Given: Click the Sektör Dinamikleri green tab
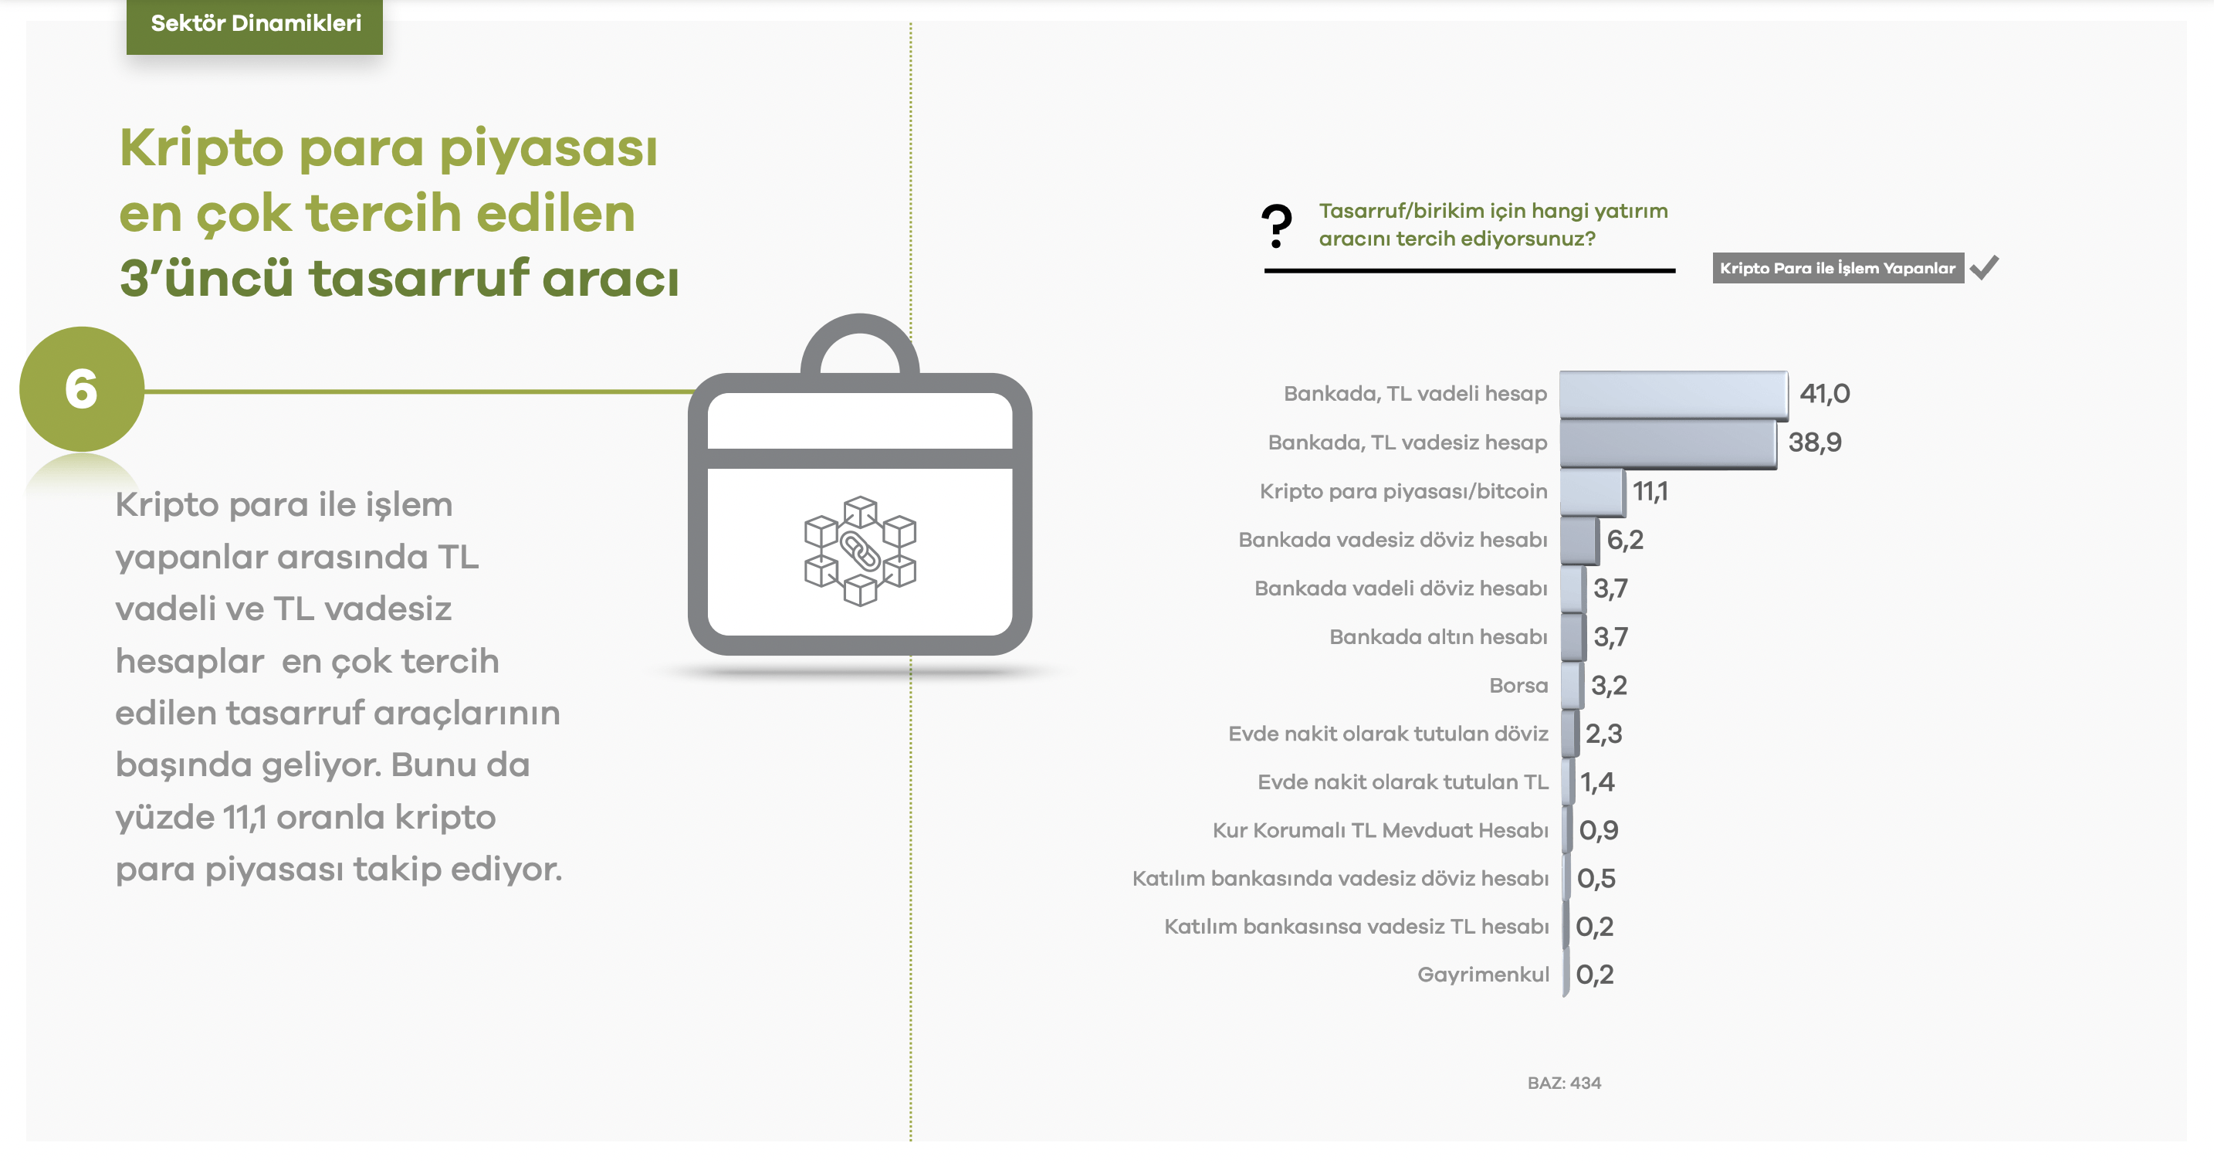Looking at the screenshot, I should (255, 24).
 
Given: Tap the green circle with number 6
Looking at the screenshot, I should (82, 388).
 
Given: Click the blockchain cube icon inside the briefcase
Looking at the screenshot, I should (859, 550).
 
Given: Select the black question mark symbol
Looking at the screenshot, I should (1276, 226).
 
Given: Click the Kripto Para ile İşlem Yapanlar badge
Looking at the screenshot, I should (1837, 268).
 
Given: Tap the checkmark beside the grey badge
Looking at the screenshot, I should (1985, 267).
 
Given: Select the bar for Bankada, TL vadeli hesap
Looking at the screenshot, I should (1673, 394).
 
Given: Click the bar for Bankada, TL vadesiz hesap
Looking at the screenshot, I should (1667, 442).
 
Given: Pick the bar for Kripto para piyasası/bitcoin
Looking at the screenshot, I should (1592, 492).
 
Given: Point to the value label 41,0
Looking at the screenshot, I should (1824, 394).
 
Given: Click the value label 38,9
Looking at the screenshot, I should (1814, 442).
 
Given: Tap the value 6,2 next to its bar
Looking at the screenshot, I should (1624, 540).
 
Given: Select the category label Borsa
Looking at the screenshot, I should (1518, 685).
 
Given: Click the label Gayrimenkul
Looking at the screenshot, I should (1483, 974).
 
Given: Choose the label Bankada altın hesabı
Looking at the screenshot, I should (1438, 637).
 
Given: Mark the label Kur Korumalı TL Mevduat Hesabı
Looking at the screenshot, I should (1380, 830).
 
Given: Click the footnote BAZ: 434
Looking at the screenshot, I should (1563, 1083).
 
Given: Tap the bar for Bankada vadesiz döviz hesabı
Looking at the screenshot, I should (1579, 540).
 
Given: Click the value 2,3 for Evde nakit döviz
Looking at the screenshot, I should (1603, 734).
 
